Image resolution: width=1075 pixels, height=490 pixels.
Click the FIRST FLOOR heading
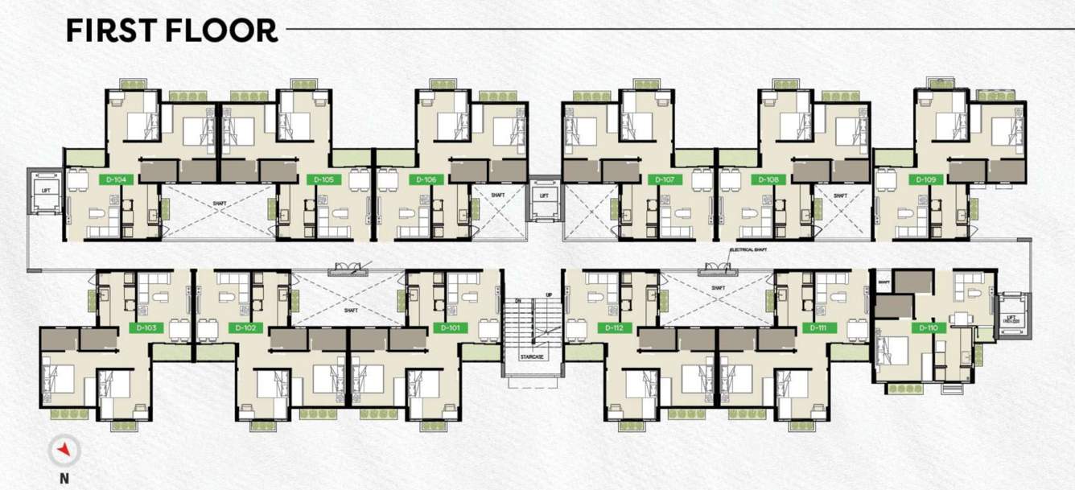(172, 30)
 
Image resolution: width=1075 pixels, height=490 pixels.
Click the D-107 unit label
(665, 180)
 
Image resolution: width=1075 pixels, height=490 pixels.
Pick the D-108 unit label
(768, 180)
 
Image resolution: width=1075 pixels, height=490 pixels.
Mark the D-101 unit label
(450, 328)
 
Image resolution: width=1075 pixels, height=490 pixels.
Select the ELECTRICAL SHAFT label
(748, 250)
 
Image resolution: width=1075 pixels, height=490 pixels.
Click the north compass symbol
(64, 451)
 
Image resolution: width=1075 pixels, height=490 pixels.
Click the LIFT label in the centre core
(544, 196)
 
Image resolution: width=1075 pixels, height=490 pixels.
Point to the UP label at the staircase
(549, 295)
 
